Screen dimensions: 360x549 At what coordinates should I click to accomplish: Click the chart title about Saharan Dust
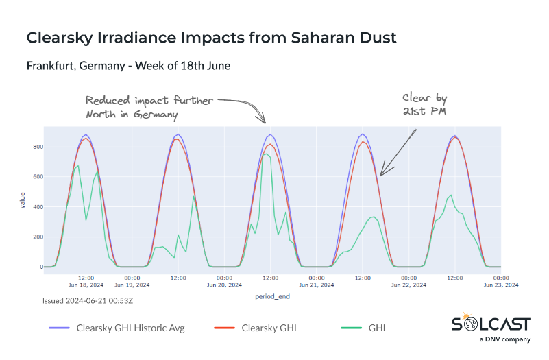coord(211,38)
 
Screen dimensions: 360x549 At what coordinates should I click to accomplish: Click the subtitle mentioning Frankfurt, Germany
coord(128,67)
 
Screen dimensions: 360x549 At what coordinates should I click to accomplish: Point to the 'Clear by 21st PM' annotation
coord(425,104)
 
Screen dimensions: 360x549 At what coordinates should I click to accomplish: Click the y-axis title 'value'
coord(22,200)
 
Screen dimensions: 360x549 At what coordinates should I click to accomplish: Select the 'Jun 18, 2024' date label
coord(86,285)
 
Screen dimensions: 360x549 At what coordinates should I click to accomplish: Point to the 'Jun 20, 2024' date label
coord(223,285)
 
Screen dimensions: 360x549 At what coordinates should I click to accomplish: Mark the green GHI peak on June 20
coord(267,154)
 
